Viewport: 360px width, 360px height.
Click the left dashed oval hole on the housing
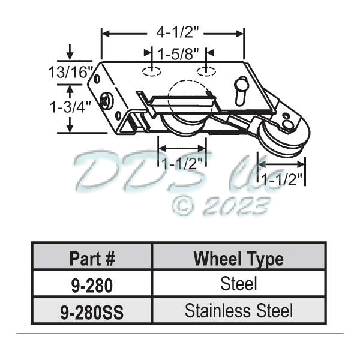(151, 72)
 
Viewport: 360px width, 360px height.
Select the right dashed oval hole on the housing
(205, 72)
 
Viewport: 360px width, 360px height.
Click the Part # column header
(92, 259)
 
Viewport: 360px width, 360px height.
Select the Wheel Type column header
(238, 259)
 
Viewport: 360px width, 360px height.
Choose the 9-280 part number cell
(92, 285)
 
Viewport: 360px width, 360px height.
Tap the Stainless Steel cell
(238, 311)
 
